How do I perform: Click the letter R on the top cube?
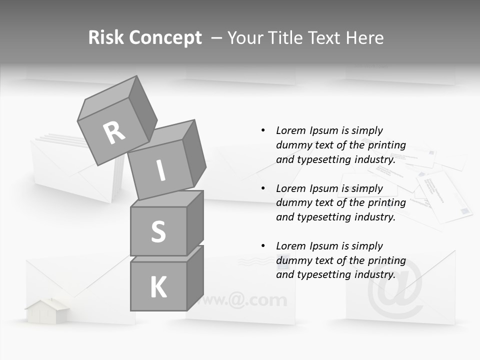pyautogui.click(x=114, y=132)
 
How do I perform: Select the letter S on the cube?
pyautogui.click(x=158, y=231)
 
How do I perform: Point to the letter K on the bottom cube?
pyautogui.click(x=158, y=287)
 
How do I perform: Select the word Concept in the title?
pyautogui.click(x=165, y=38)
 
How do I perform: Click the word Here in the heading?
pyautogui.click(x=363, y=38)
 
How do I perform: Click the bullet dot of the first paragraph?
pyautogui.click(x=263, y=130)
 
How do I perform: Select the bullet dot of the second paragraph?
pyautogui.click(x=263, y=188)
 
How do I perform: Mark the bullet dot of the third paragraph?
pyautogui.click(x=263, y=246)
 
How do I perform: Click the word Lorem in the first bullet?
pyautogui.click(x=290, y=130)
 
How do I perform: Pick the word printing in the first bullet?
pyautogui.click(x=386, y=145)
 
